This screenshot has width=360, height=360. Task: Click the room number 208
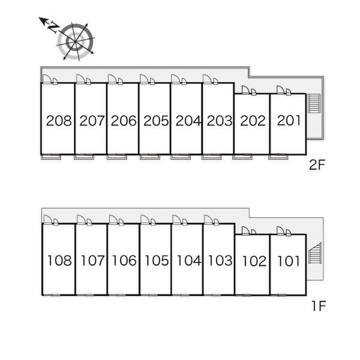pos(59,121)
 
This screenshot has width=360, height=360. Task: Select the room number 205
pos(156,121)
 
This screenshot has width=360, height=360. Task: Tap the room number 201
pos(289,121)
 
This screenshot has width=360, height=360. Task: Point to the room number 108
pos(59,260)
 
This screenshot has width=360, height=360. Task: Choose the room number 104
pos(189,260)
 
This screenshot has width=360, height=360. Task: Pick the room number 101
pos(289,261)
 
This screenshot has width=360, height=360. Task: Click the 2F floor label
pos(317,165)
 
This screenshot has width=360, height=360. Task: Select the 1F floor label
pos(319,306)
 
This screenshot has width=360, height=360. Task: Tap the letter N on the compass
pos(53,26)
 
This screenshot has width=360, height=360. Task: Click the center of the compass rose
pos(76,41)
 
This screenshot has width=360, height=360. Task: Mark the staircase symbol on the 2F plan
pos(314,103)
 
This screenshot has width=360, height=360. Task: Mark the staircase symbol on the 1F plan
pos(315,253)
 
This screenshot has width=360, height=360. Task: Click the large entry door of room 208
pos(47,79)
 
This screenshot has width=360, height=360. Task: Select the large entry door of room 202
pos(245,90)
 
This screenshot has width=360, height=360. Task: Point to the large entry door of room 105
pos(145,219)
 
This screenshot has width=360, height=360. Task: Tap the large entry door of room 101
pos(280,230)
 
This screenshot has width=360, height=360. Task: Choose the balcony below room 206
pos(116,157)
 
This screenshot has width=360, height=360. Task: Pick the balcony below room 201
pos(278,157)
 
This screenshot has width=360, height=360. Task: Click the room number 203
pos(220,121)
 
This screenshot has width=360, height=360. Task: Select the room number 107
pos(93,260)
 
